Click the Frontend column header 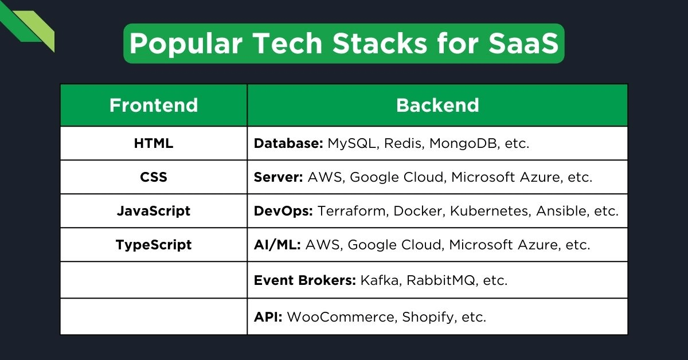[154, 105]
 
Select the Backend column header [437, 105]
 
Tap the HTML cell [154, 143]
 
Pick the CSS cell [154, 177]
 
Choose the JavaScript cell [154, 211]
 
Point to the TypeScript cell [154, 245]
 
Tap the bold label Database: [288, 143]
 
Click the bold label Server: [279, 177]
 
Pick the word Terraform [353, 211]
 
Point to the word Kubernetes [490, 211]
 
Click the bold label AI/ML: [277, 245]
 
